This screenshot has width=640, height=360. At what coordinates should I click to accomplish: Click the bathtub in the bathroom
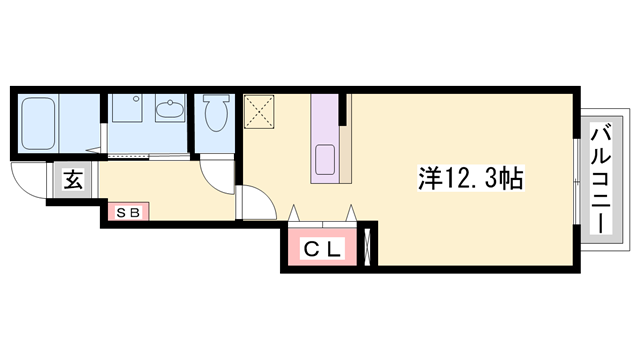pos(36,123)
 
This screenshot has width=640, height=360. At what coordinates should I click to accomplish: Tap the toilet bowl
pos(214,116)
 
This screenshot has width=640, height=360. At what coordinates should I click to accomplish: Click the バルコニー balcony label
pos(603,178)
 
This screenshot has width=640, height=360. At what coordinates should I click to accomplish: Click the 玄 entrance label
pos(74,181)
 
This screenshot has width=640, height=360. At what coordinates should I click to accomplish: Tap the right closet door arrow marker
pos(351,212)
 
